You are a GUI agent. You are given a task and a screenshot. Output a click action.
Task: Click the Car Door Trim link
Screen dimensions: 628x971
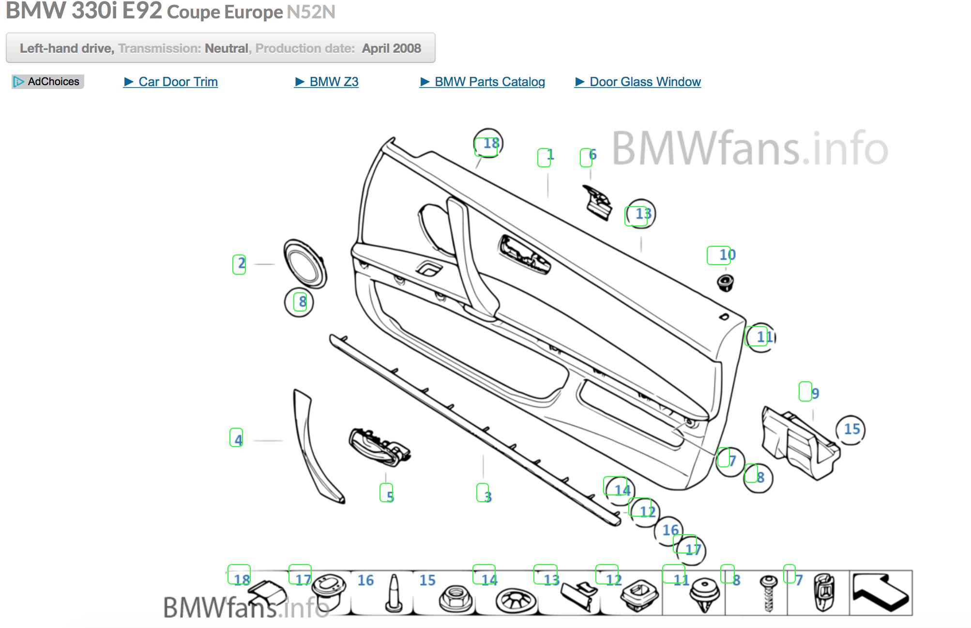point(178,82)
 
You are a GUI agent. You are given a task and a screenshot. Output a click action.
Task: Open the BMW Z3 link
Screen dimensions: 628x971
point(334,82)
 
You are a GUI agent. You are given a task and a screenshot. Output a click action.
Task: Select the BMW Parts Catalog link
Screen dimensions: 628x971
point(489,82)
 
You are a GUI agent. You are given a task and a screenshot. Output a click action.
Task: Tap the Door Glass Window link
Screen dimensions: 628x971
point(645,82)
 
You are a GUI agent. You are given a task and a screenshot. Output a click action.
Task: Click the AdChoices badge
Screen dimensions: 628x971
point(48,81)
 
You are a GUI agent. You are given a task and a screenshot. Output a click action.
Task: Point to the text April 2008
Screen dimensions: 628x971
point(391,48)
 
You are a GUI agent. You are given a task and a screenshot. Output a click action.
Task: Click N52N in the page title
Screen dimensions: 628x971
point(311,12)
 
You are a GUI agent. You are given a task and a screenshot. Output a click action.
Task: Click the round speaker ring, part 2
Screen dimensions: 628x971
point(305,264)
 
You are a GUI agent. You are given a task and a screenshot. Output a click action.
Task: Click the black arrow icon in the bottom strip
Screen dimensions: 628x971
point(880,593)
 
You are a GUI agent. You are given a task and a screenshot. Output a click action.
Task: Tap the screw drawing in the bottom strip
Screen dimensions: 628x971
point(768,593)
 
